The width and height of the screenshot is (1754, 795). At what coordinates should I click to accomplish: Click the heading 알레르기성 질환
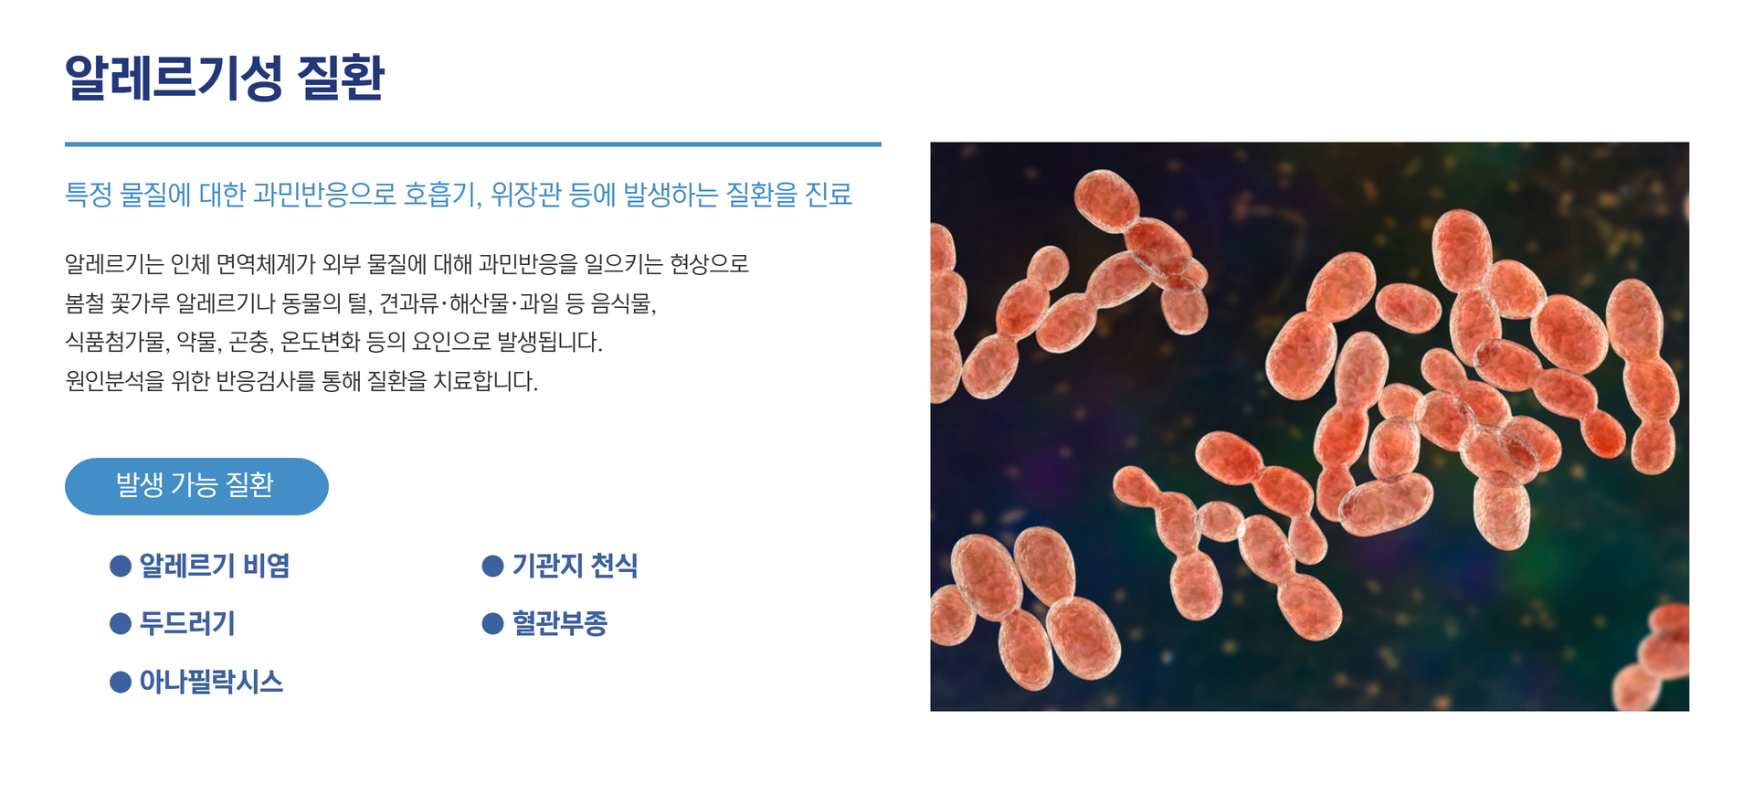[225, 78]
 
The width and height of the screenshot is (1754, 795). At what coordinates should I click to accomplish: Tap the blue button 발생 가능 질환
[196, 486]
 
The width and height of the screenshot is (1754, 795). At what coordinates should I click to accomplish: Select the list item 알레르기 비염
[214, 567]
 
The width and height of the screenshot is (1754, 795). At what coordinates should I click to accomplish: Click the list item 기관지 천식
[574, 567]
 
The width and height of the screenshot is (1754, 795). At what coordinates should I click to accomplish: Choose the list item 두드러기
[187, 624]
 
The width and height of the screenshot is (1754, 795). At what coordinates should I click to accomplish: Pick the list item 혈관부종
[559, 624]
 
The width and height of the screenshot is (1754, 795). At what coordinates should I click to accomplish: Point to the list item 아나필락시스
[211, 682]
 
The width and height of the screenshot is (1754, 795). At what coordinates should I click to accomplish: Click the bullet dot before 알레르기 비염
[121, 567]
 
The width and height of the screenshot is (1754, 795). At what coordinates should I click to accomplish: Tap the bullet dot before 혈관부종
[492, 624]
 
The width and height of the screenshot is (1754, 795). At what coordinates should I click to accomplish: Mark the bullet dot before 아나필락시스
[121, 683]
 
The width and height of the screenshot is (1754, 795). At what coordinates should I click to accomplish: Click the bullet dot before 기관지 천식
[492, 567]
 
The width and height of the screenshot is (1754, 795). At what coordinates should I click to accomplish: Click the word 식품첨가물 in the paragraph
[116, 343]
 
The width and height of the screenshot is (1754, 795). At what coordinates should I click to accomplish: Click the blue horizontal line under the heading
[472, 144]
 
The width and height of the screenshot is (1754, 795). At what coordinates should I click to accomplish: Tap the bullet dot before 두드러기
[121, 624]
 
